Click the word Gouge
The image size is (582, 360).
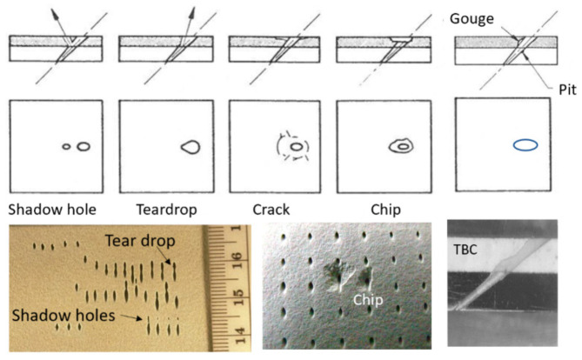click(472, 19)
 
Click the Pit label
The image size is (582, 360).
click(567, 90)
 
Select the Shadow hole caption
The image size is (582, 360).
click(52, 210)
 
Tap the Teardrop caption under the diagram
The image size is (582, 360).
click(167, 210)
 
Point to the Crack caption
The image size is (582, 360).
click(271, 210)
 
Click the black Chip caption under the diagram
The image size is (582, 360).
click(385, 210)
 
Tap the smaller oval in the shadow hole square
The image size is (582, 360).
click(66, 147)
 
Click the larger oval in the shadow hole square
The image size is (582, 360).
click(84, 147)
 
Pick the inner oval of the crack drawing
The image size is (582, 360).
click(297, 147)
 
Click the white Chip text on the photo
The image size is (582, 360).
click(368, 300)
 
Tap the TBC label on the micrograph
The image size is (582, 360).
click(465, 250)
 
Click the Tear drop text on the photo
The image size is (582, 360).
click(140, 241)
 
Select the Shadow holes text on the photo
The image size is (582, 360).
click(64, 316)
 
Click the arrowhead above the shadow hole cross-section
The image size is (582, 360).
click(55, 13)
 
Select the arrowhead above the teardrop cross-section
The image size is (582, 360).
click(191, 13)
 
